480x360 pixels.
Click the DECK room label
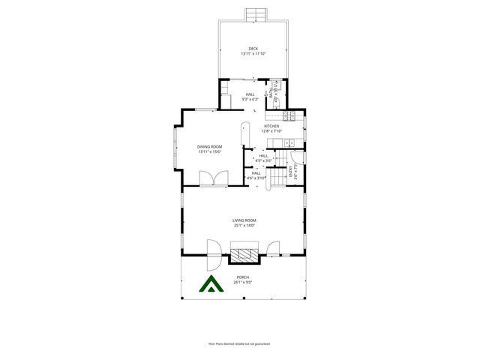coord(253,49)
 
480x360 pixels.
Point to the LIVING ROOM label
coord(244,220)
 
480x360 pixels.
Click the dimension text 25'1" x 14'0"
coord(244,225)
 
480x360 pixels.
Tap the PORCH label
coord(243,277)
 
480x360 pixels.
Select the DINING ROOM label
coord(210,147)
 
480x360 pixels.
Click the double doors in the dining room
coord(211,179)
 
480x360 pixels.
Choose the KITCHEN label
coord(271,126)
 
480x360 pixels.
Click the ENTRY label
coord(291,174)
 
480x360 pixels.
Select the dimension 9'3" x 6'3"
coord(250,99)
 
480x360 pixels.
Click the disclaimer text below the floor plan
coord(239,343)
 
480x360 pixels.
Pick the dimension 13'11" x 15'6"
coord(210,151)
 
